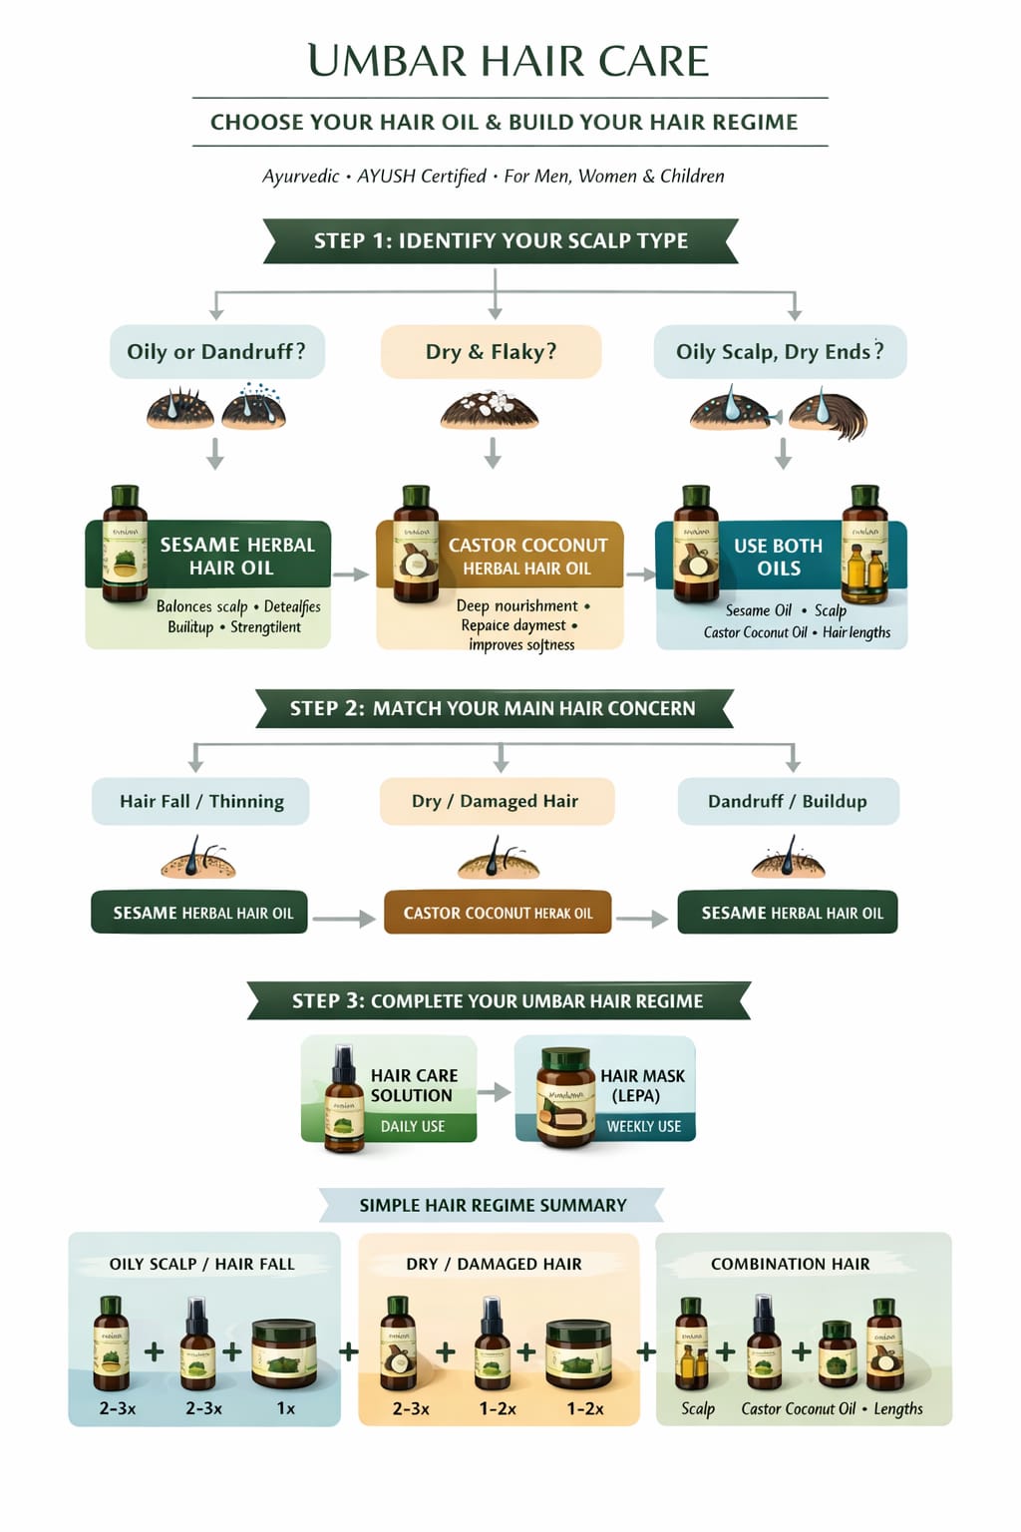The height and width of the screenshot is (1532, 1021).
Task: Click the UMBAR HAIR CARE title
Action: tap(509, 62)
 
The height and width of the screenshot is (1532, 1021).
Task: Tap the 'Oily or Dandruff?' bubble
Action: tap(216, 351)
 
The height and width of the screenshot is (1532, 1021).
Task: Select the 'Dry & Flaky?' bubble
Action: tap(491, 351)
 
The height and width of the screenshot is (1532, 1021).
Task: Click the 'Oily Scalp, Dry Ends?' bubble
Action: tap(780, 351)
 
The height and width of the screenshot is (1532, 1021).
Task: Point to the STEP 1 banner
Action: tap(501, 240)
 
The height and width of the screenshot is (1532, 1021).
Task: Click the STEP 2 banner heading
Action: tap(494, 708)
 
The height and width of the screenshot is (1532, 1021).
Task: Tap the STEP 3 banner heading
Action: tap(498, 1000)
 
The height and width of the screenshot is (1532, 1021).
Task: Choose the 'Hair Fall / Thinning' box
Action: tap(200, 801)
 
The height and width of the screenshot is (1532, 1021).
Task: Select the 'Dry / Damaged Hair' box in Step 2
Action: tap(496, 801)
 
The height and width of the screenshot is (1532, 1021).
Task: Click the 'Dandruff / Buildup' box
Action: tap(788, 801)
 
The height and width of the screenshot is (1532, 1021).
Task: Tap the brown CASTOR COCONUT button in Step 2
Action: tap(498, 913)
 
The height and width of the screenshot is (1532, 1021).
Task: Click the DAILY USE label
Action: tap(413, 1126)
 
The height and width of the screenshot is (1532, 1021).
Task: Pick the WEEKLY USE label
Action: tap(643, 1126)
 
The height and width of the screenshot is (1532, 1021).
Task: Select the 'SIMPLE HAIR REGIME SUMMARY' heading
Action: tap(493, 1205)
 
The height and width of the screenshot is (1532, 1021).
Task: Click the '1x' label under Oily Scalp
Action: tap(286, 1408)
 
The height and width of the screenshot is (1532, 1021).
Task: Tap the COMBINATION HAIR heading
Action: tap(790, 1264)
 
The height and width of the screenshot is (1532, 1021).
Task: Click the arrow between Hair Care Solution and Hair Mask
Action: tap(495, 1092)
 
